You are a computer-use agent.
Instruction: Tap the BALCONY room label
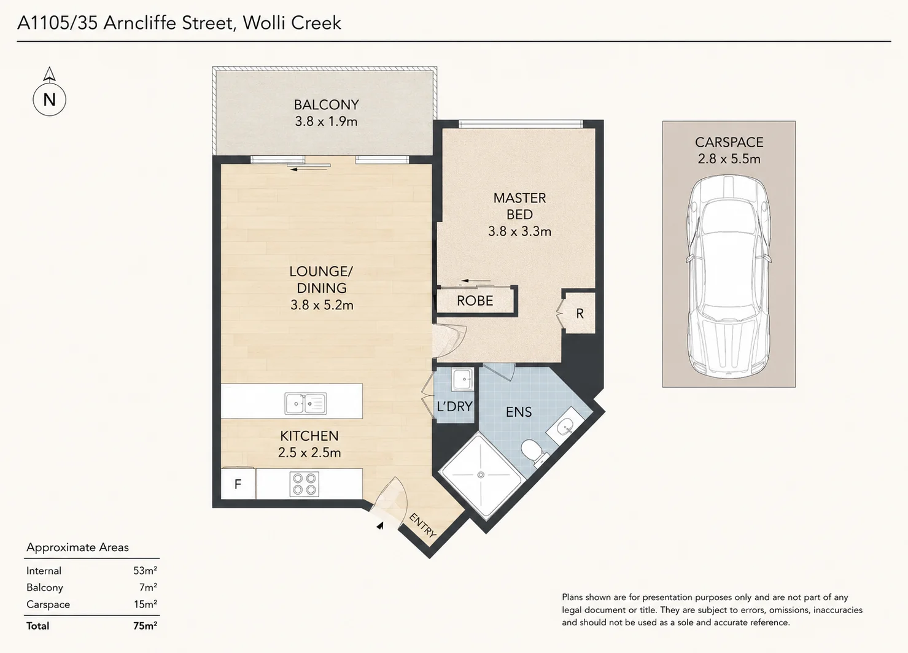tap(327, 105)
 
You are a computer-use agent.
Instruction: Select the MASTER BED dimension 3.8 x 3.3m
tap(519, 231)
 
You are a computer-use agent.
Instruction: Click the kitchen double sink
tap(306, 403)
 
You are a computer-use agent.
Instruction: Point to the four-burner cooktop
tap(304, 484)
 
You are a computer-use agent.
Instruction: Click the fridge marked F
tap(238, 484)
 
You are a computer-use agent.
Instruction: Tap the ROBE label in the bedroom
tap(475, 301)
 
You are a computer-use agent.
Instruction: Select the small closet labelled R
tap(580, 313)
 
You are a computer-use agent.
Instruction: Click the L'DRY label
tap(454, 406)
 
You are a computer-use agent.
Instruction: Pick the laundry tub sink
tap(462, 380)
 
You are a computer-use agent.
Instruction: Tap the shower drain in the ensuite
tap(481, 475)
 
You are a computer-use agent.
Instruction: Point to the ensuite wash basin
tap(564, 425)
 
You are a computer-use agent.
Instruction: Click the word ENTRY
tap(423, 526)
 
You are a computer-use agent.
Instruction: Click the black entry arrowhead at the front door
tap(380, 526)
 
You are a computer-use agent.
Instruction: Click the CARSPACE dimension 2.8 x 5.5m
tap(729, 159)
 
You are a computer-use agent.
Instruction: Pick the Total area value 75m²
tap(145, 626)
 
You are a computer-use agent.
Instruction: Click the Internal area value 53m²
tap(145, 571)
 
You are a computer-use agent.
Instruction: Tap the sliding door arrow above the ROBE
tap(476, 280)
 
